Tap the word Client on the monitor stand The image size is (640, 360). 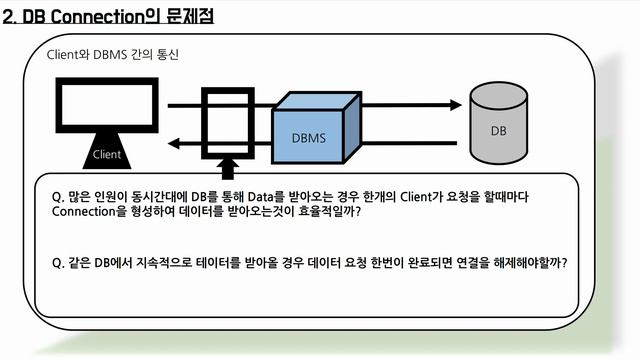tap(106, 154)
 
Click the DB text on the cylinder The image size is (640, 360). tap(497, 131)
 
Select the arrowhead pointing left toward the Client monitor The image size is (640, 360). tap(173, 144)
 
